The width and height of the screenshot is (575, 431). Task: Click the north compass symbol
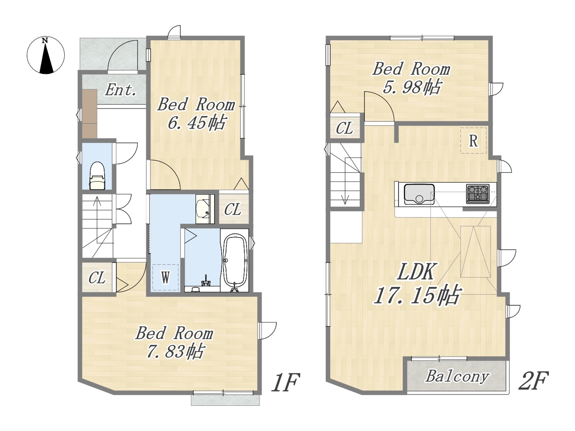click(x=45, y=56)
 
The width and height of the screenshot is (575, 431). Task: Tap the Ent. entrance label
click(x=121, y=90)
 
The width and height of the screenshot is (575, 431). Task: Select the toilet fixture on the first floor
click(x=97, y=176)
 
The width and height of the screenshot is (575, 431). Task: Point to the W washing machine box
click(x=165, y=277)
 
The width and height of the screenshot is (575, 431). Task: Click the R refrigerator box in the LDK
click(x=473, y=141)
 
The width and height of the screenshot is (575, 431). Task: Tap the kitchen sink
click(x=419, y=194)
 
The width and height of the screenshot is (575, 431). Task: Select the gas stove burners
click(x=478, y=194)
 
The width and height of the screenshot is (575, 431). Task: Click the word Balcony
click(x=457, y=377)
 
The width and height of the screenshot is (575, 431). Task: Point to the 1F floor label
click(x=285, y=383)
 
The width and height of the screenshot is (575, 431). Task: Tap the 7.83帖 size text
click(x=174, y=351)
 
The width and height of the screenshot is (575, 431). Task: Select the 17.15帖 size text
click(x=417, y=296)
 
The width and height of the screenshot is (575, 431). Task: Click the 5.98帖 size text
click(x=411, y=87)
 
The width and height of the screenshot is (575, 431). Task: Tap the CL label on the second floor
click(x=344, y=128)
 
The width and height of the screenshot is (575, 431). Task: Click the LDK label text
click(x=416, y=272)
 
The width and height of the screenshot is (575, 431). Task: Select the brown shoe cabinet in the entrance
click(x=89, y=114)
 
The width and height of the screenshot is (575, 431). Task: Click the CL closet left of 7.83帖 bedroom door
click(x=97, y=277)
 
